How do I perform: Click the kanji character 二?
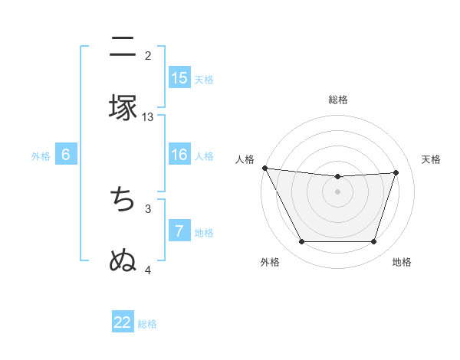(123, 47)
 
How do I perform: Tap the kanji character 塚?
(123, 107)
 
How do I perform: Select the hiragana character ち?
(123, 199)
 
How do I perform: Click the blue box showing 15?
(179, 77)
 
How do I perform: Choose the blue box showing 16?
(179, 155)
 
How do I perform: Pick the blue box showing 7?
(179, 231)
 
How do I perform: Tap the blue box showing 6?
(66, 155)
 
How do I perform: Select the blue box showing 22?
(123, 322)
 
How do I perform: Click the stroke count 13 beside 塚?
(148, 116)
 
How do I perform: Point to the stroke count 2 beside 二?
(148, 55)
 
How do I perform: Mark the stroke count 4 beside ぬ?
(148, 270)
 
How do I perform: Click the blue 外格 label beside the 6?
(41, 156)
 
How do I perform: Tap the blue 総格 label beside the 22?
(147, 324)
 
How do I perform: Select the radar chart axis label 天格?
(431, 159)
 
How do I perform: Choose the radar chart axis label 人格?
(245, 159)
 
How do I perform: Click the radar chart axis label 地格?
(402, 262)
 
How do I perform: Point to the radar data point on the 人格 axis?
(264, 168)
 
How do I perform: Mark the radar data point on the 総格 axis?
(337, 177)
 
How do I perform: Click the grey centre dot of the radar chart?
(337, 191)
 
